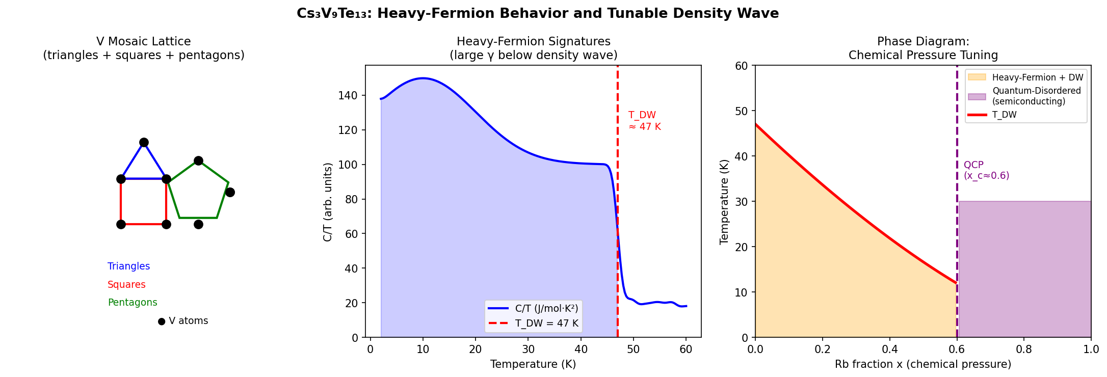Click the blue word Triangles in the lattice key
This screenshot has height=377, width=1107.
click(x=128, y=266)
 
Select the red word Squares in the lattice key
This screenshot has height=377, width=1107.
click(x=126, y=285)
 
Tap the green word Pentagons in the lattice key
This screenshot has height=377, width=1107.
click(x=133, y=303)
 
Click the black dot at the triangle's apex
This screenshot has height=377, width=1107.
click(x=144, y=143)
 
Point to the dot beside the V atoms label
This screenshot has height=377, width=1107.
click(x=162, y=321)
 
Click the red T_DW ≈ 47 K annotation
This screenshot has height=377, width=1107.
click(x=644, y=121)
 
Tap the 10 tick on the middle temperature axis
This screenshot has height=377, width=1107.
click(x=423, y=349)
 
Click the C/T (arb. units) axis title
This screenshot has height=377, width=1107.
click(x=328, y=202)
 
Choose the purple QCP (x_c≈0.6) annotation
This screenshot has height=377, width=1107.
click(x=986, y=170)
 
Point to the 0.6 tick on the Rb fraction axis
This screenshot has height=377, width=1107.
click(x=957, y=349)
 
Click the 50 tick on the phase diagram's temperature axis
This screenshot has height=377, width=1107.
click(x=742, y=111)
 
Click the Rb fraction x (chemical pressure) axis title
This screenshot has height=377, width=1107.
click(x=922, y=364)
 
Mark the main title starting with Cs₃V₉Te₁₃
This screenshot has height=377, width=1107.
click(x=538, y=13)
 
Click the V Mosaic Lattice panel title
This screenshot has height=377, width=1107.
click(x=144, y=48)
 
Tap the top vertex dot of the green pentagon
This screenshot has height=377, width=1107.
click(x=198, y=161)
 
